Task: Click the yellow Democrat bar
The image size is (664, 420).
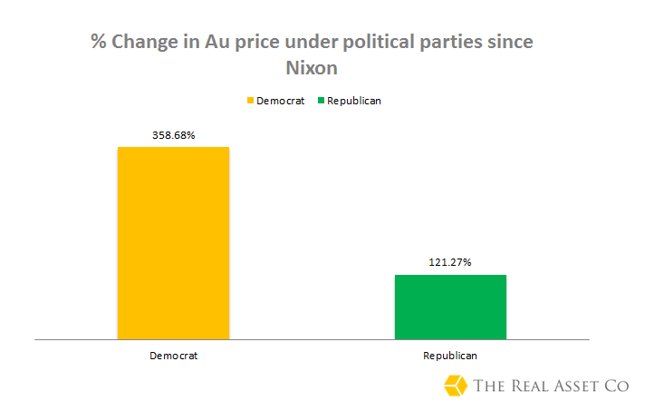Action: point(173,242)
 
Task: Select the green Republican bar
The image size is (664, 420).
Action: point(450,307)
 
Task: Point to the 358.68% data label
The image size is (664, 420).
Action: point(173,135)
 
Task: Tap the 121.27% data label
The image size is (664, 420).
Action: point(450,263)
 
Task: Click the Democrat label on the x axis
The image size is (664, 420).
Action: point(173,356)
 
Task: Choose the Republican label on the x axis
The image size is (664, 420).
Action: point(450,356)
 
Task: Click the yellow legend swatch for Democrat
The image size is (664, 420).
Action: point(250,101)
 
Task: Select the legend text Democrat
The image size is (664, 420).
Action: point(280,101)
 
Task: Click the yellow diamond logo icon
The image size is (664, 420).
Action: point(456,386)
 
